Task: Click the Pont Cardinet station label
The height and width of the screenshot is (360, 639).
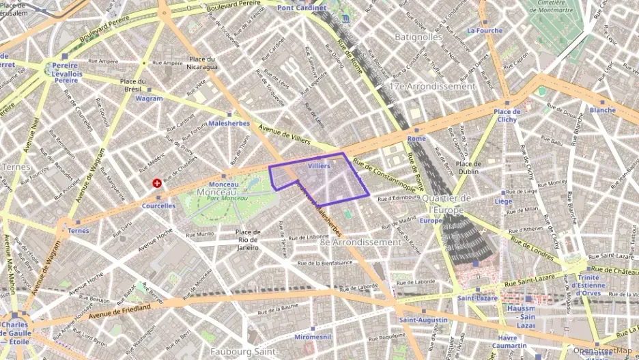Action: (x=302, y=8)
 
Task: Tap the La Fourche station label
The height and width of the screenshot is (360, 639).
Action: (x=484, y=31)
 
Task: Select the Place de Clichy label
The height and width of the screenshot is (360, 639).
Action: (x=507, y=115)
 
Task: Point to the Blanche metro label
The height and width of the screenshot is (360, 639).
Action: (x=602, y=110)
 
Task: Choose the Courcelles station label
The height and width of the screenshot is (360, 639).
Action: (x=158, y=206)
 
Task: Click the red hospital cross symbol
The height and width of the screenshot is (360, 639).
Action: (x=157, y=184)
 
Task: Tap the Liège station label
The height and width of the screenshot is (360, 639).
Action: (x=503, y=202)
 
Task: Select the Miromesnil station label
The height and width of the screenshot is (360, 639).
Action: (x=312, y=337)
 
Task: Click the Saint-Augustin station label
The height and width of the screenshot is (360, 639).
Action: (x=423, y=320)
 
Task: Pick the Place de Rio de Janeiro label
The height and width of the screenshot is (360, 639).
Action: (x=248, y=240)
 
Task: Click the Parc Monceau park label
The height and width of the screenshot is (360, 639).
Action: (x=227, y=198)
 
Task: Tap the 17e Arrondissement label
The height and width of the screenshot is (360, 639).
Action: (x=431, y=87)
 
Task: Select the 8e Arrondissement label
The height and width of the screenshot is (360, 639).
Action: (x=360, y=242)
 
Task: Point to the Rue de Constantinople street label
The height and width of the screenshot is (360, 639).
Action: (x=384, y=176)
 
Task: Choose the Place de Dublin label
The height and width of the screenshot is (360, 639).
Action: (x=468, y=167)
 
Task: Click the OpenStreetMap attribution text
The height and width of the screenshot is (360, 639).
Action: (x=603, y=351)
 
